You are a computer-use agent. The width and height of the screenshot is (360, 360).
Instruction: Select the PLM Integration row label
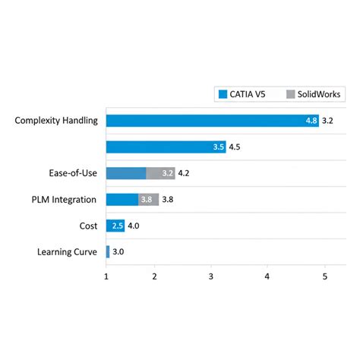[x=65, y=200]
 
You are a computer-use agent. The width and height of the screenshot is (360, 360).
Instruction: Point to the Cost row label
[x=88, y=226]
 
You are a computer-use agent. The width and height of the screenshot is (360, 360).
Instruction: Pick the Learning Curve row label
[x=67, y=252]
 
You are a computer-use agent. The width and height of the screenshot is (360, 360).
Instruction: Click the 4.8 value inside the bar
[x=311, y=121]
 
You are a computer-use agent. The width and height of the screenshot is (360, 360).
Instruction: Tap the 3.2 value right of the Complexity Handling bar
[x=328, y=121]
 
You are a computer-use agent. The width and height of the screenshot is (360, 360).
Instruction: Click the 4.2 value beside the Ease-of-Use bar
[x=185, y=173]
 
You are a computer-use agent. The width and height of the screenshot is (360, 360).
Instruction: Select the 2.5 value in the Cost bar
[x=117, y=226]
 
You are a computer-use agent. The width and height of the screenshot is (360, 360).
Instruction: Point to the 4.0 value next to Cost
[x=134, y=226]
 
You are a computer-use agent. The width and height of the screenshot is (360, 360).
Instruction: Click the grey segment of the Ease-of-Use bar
[x=160, y=173]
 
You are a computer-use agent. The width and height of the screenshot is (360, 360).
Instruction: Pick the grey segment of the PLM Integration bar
[x=149, y=200]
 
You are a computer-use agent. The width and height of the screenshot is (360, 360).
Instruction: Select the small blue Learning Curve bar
[x=108, y=252]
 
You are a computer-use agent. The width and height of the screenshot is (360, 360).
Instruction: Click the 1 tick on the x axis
[x=106, y=277]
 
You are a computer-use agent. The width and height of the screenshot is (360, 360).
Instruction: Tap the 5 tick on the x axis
[x=325, y=277]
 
